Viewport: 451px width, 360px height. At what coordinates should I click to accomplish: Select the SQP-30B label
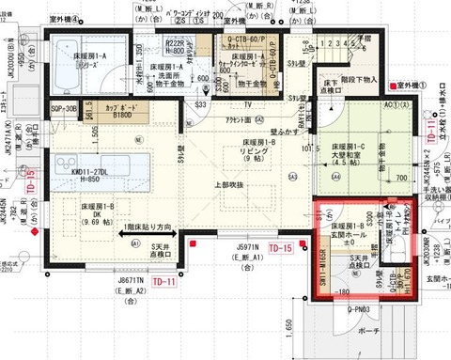coord(62,108)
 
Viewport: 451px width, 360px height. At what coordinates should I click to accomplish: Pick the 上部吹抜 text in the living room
coord(231,184)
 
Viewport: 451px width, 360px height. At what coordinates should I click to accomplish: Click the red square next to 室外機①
coord(389,86)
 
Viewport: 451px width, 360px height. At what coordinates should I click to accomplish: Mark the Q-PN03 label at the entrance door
coord(358,308)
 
